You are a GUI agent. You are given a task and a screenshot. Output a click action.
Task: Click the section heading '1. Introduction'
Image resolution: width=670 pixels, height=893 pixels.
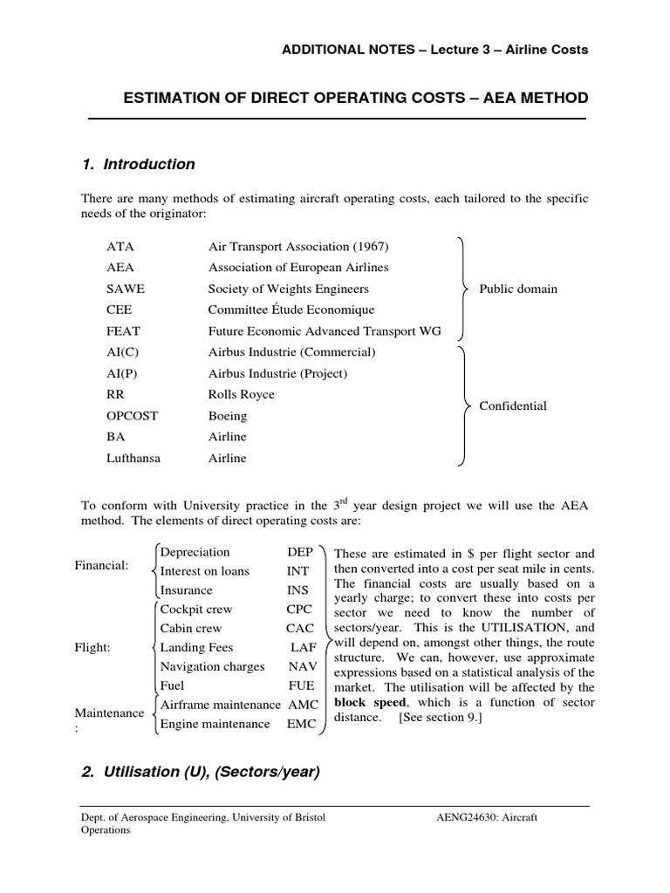[138, 165]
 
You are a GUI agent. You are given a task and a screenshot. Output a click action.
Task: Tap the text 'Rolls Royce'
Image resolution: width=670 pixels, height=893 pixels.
[241, 394]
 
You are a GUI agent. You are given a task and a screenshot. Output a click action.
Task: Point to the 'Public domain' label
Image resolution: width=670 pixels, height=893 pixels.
[518, 289]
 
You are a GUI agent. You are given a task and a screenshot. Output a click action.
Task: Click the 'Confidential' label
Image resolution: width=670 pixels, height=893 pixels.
[513, 406]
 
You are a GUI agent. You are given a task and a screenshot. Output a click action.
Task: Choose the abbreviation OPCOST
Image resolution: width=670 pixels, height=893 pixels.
[132, 416]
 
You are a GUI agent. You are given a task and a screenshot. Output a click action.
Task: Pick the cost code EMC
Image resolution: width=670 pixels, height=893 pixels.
[304, 724]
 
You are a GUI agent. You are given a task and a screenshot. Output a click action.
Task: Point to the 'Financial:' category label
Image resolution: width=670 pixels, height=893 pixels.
[102, 566]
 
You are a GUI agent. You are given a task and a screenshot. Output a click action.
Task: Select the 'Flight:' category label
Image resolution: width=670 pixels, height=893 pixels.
[92, 648]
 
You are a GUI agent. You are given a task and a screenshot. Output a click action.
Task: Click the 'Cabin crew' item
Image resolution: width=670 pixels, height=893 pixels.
[191, 628]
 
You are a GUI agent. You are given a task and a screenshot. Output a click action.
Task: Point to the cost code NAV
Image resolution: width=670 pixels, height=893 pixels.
[302, 666]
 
